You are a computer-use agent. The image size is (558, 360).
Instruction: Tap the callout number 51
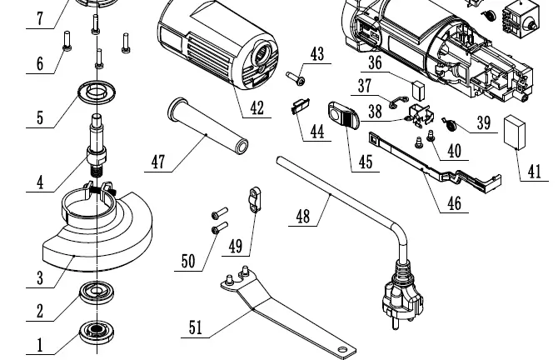196,327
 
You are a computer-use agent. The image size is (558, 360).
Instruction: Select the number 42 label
256,107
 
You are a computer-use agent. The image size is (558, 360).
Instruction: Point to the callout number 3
39,277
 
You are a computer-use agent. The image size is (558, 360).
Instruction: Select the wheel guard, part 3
96,229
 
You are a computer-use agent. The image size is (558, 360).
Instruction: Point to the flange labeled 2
97,292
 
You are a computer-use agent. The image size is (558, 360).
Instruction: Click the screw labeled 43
296,79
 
